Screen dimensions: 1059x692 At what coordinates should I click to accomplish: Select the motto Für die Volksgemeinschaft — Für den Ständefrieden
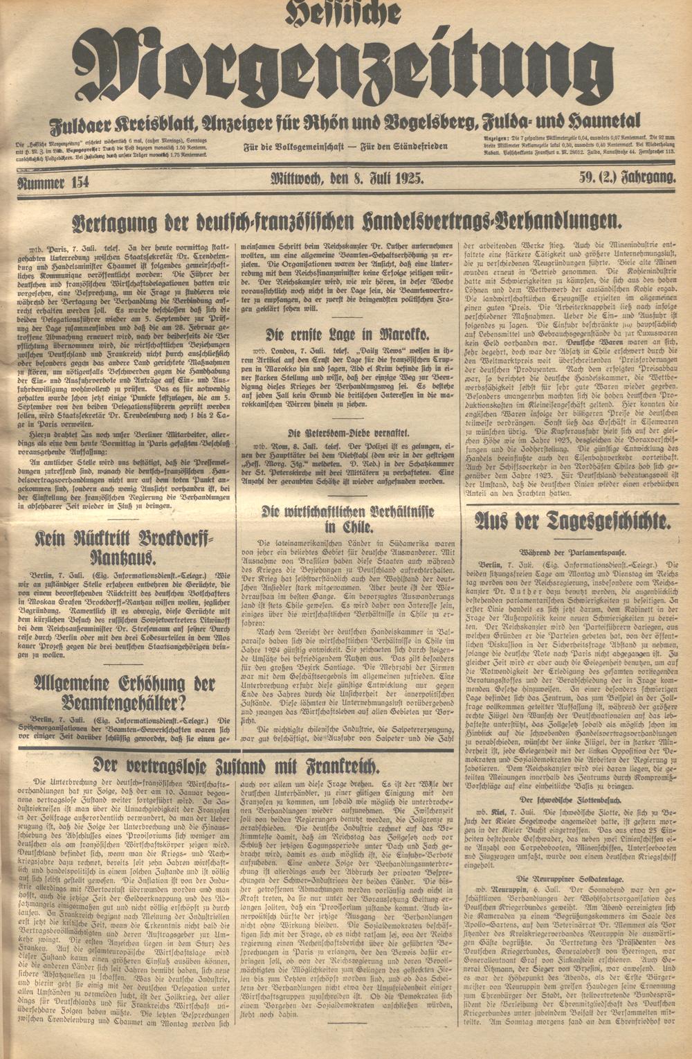346,147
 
